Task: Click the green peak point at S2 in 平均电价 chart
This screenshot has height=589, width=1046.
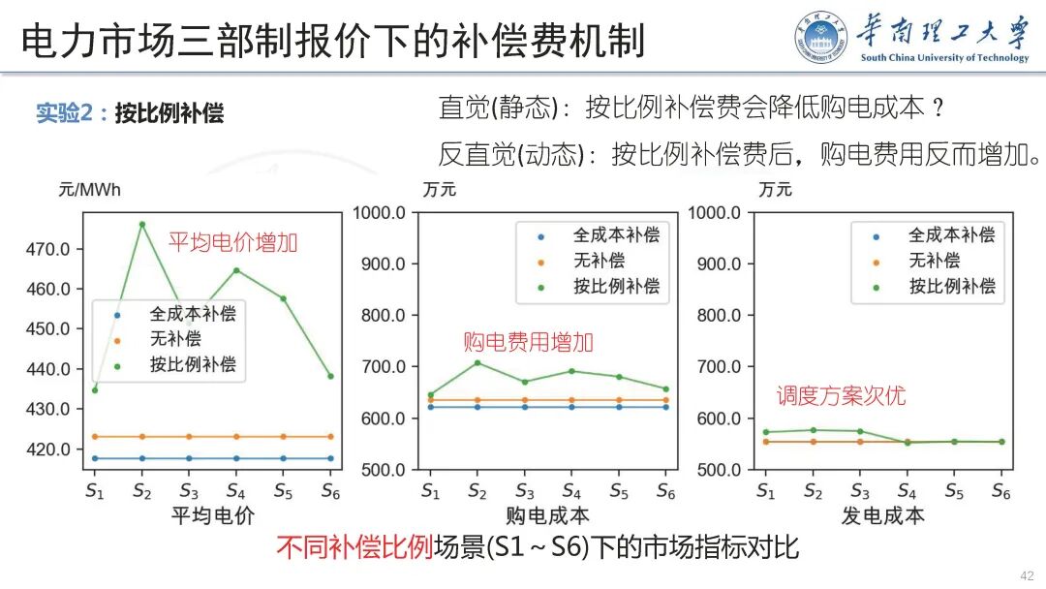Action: [141, 225]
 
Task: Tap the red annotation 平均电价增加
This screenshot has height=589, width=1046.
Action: [233, 242]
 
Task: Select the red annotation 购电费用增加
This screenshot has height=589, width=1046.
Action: [528, 342]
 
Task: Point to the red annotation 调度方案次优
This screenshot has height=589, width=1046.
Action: [842, 395]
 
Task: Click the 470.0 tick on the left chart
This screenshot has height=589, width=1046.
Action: [47, 249]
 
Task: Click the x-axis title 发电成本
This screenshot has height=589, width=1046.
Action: [882, 515]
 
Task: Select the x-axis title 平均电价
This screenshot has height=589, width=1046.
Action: [212, 515]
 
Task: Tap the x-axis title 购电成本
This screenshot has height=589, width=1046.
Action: [547, 515]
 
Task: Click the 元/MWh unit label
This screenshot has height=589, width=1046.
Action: [90, 190]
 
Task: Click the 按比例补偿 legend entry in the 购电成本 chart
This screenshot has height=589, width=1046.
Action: [616, 287]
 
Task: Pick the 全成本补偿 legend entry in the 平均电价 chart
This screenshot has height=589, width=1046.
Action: [192, 314]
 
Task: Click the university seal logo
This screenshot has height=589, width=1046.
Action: [821, 39]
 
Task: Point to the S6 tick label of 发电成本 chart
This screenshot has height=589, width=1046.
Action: [1000, 491]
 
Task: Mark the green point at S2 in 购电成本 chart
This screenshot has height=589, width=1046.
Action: [477, 362]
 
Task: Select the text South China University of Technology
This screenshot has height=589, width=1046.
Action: [944, 58]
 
